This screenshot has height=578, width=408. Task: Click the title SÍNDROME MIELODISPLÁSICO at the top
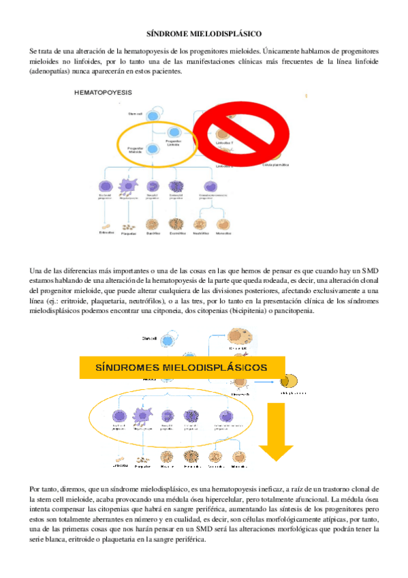pyautogui.click(x=204, y=33)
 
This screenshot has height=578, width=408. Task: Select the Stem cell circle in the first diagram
pyautogui.click(x=155, y=113)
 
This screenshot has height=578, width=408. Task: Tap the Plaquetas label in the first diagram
pyautogui.click(x=128, y=233)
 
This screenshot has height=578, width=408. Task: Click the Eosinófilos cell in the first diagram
pyautogui.click(x=176, y=224)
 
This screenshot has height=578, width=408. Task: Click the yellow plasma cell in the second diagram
pyautogui.click(x=289, y=381)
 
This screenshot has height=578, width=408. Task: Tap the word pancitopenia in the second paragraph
pyautogui.click(x=293, y=311)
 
